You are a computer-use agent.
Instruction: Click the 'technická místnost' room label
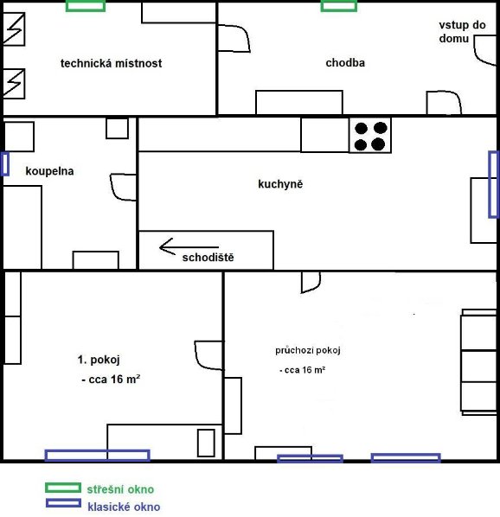(x=111, y=63)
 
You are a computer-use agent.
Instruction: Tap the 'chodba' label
(x=345, y=62)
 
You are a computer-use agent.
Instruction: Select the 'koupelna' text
(x=50, y=171)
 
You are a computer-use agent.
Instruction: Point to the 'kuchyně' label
(x=280, y=183)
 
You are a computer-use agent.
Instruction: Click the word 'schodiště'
(x=208, y=257)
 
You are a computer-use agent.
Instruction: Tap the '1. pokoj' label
(x=99, y=360)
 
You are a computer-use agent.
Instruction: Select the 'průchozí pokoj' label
(x=308, y=350)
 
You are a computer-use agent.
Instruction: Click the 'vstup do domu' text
(x=462, y=32)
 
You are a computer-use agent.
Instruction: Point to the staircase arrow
(x=189, y=246)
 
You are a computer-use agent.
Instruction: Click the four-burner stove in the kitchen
(x=370, y=136)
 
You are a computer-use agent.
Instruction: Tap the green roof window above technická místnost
(x=86, y=5)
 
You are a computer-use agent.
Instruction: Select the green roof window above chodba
(x=339, y=5)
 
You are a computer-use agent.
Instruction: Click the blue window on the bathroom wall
(x=4, y=164)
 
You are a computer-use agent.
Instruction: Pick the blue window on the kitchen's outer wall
(x=493, y=184)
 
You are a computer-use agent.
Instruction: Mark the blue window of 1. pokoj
(x=97, y=456)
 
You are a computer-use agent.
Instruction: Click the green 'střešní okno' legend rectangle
(x=63, y=488)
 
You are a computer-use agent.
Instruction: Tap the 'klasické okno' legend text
(x=124, y=507)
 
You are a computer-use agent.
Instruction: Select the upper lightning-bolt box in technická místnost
(x=14, y=29)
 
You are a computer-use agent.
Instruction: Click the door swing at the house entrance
(x=484, y=50)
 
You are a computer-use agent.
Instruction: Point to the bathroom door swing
(x=123, y=188)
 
